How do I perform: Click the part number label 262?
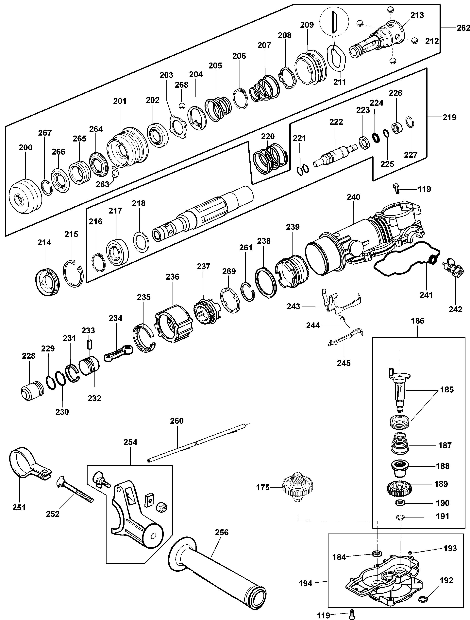pos(463,28)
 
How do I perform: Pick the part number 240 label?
pos(354,197)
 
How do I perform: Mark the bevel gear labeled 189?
pos(397,488)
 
